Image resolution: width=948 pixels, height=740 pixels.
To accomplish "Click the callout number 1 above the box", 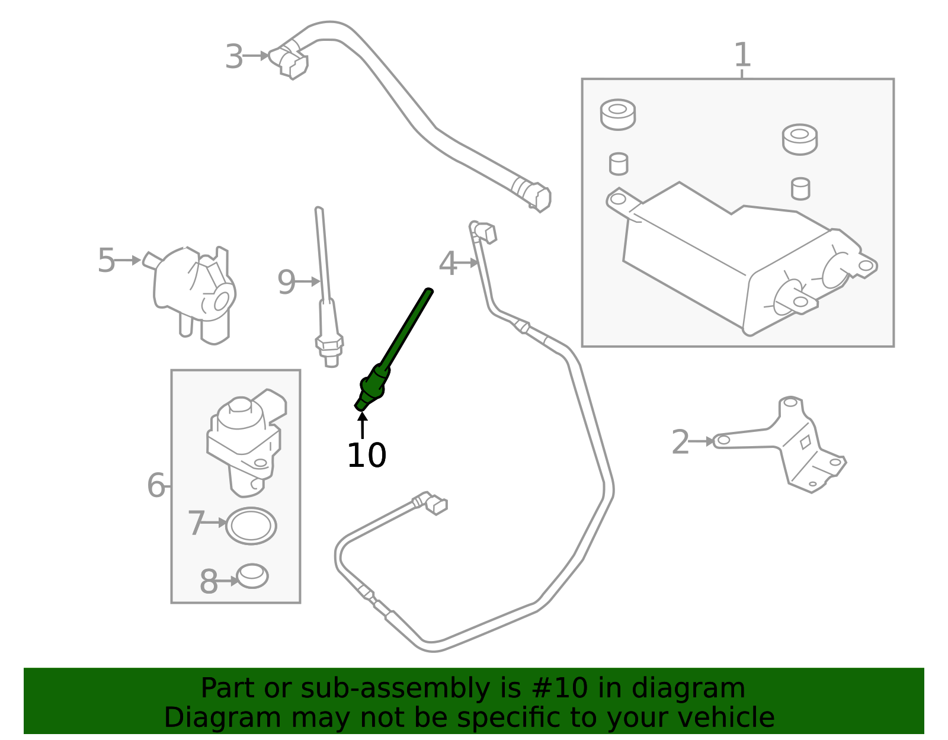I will (742, 55).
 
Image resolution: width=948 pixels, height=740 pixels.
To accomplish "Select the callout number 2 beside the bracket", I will (680, 443).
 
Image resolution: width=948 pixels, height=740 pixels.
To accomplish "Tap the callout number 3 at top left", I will (234, 57).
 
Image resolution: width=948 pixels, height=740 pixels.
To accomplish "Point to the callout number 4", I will (448, 264).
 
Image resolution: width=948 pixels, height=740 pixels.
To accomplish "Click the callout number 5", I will (106, 261).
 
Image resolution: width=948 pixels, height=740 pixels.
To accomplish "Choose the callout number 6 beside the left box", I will (156, 486).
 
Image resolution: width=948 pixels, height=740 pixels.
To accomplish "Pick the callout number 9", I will (286, 283).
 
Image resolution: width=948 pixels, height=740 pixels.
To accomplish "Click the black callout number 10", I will (366, 456).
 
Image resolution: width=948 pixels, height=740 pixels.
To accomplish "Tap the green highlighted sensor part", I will (391, 355).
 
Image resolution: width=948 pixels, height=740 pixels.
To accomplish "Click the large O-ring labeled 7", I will (251, 526).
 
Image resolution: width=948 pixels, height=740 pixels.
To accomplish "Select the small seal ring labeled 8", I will (252, 576).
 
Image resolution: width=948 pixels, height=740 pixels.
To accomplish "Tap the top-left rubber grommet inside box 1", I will (617, 114).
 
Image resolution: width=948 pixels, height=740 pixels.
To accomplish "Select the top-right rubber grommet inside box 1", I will (799, 139).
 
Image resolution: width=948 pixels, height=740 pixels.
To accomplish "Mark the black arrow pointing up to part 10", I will (362, 425).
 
